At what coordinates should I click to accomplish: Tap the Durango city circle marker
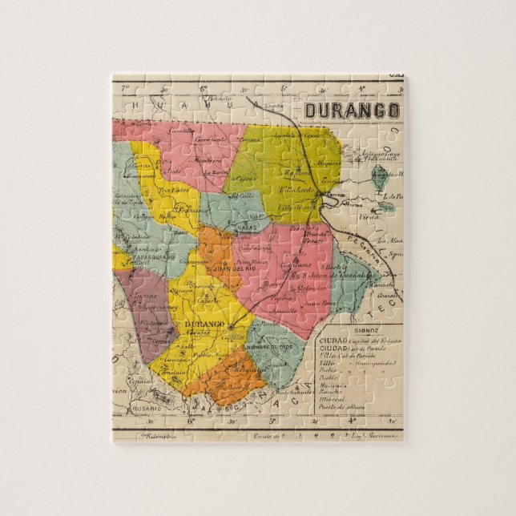[231, 327]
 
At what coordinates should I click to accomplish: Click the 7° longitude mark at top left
[124, 87]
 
